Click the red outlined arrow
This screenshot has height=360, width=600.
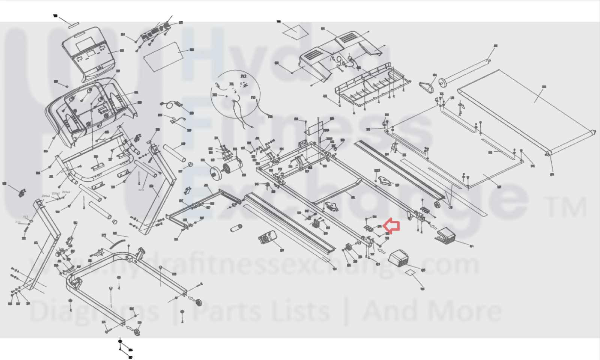[x=392, y=226]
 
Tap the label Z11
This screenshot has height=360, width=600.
[x=26, y=217]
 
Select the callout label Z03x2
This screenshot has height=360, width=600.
[x=66, y=192]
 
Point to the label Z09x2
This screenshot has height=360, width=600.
[x=46, y=196]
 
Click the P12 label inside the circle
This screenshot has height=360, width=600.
[x=244, y=76]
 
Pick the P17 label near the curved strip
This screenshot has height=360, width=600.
[x=104, y=235]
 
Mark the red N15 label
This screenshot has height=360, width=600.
[x=141, y=190]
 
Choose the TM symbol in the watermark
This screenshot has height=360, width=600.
[x=567, y=208]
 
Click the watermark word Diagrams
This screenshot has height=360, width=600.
[x=94, y=312]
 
